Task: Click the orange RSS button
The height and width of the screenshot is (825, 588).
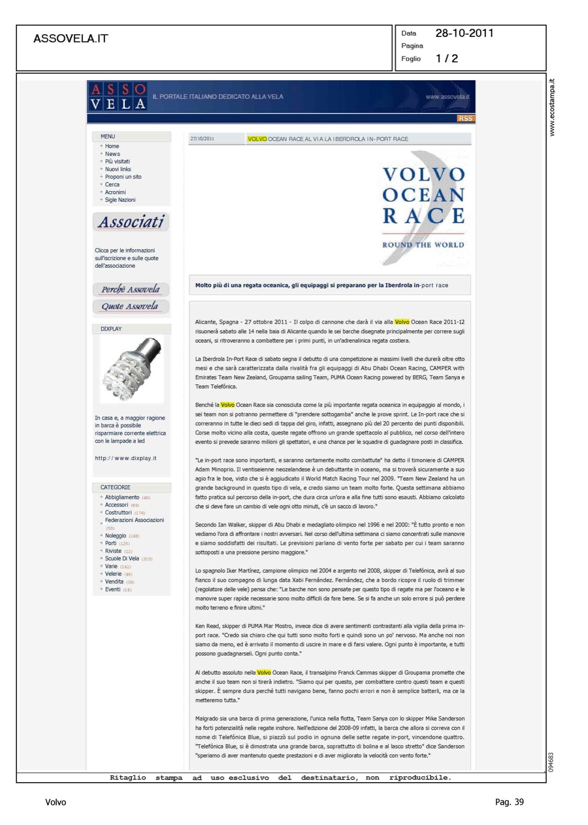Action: pyautogui.click(x=465, y=118)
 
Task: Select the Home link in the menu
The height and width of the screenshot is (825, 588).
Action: pyautogui.click(x=112, y=146)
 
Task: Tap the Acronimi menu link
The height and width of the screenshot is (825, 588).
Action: pyautogui.click(x=115, y=193)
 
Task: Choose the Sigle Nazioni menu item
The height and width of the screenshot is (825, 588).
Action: pyautogui.click(x=120, y=200)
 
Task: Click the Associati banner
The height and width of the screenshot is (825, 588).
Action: pyautogui.click(x=131, y=222)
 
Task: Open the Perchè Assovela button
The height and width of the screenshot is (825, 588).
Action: pyautogui.click(x=130, y=289)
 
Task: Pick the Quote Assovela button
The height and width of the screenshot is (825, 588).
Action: pyautogui.click(x=130, y=306)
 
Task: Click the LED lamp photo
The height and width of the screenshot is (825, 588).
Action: pyautogui.click(x=132, y=369)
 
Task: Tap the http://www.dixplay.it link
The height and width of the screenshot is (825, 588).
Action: pyautogui.click(x=125, y=458)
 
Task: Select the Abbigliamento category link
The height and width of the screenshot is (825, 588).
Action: pyautogui.click(x=122, y=497)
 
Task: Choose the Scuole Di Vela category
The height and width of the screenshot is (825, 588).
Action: pyautogui.click(x=122, y=559)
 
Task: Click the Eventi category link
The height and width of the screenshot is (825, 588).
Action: pyautogui.click(x=113, y=590)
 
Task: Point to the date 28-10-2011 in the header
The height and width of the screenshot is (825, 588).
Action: pyautogui.click(x=464, y=34)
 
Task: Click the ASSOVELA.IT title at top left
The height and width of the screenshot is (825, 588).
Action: pyautogui.click(x=71, y=38)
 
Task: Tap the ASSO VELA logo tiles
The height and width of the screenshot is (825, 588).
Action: pyautogui.click(x=118, y=97)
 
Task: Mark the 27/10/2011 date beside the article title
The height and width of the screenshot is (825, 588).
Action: pyautogui.click(x=202, y=139)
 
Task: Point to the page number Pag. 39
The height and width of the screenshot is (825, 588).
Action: pyautogui.click(x=509, y=802)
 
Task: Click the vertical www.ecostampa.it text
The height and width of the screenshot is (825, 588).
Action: pyautogui.click(x=552, y=108)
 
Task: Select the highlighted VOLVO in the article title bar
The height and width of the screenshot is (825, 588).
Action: pyautogui.click(x=257, y=139)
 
